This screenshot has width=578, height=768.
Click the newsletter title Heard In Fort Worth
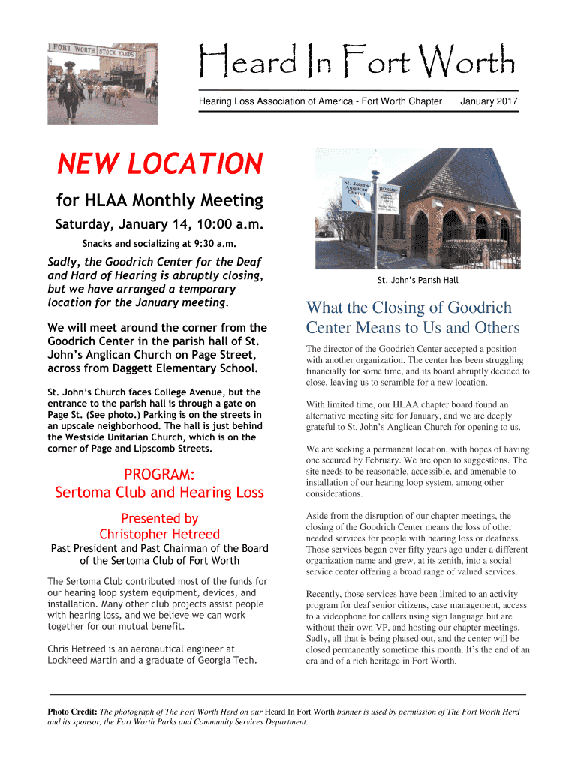pyautogui.click(x=357, y=63)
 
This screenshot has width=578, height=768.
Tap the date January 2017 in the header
pyautogui.click(x=489, y=101)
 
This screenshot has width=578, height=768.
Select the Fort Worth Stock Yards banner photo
pyautogui.click(x=103, y=82)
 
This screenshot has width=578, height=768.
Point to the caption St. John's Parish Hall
pyautogui.click(x=417, y=280)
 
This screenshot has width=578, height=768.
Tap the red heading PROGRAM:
pyautogui.click(x=159, y=474)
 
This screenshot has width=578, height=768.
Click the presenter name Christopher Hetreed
pyautogui.click(x=159, y=534)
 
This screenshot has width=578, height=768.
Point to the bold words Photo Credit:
pyautogui.click(x=73, y=711)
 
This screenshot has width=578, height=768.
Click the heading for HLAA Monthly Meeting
pyautogui.click(x=160, y=200)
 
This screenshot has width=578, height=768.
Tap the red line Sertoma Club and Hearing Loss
pyautogui.click(x=159, y=493)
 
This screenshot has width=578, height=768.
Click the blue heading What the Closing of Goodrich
pyautogui.click(x=408, y=307)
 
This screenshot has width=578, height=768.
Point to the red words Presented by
pyautogui.click(x=159, y=518)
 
